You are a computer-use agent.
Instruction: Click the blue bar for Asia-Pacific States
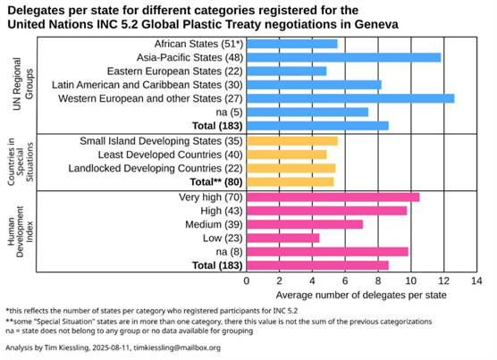tap(344, 57)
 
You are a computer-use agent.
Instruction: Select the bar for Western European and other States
tap(350, 98)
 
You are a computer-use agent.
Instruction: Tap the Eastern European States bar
tap(287, 71)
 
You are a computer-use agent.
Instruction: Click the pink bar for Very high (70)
tap(333, 197)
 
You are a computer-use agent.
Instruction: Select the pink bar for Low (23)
tap(283, 238)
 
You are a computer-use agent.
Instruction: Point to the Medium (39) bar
tap(305, 224)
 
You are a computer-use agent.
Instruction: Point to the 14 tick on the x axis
tap(476, 281)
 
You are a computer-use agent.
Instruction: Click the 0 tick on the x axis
tap(248, 281)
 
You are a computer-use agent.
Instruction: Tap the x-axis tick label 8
tap(378, 281)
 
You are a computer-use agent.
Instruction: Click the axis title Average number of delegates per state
tap(360, 295)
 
